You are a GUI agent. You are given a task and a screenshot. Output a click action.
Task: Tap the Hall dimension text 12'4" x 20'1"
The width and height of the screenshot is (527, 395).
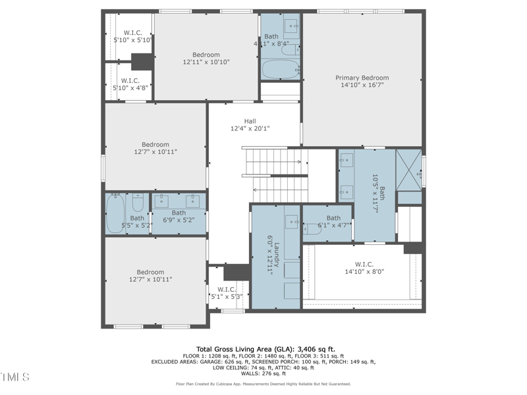(x=250, y=128)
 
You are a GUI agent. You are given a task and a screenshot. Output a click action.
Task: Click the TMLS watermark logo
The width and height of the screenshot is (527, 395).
(x=15, y=377)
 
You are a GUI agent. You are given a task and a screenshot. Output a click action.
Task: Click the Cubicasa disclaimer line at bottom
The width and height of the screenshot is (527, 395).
(x=263, y=384)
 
